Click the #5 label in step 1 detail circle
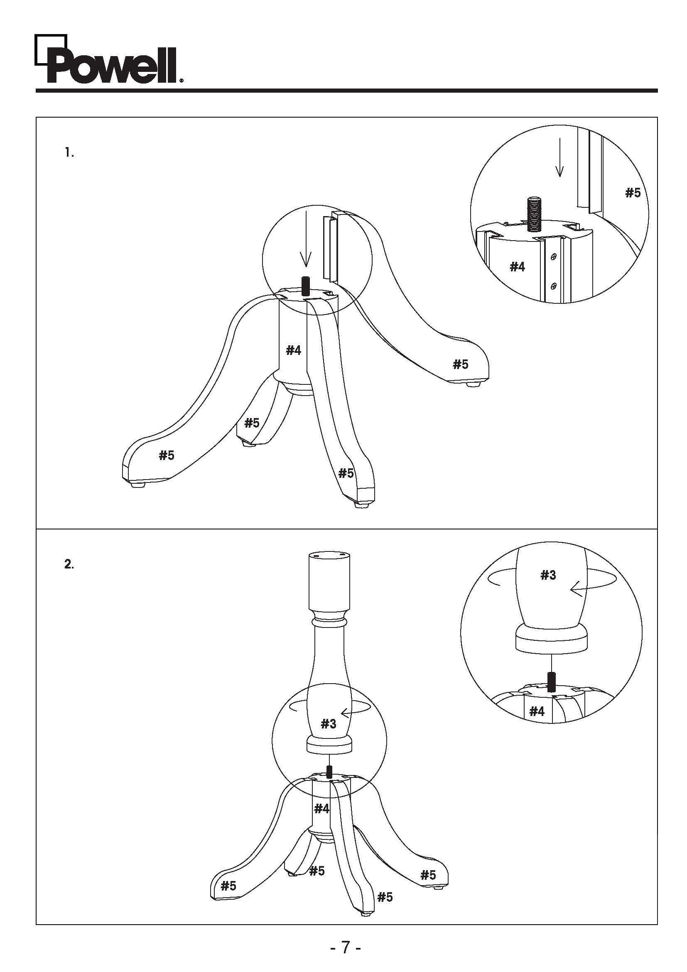click(x=633, y=193)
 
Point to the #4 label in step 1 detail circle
click(x=517, y=267)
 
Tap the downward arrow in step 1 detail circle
click(x=559, y=157)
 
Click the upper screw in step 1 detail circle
click(x=554, y=256)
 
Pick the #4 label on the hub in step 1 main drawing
click(x=293, y=351)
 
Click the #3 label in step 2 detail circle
click(x=548, y=575)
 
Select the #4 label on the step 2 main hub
click(x=321, y=809)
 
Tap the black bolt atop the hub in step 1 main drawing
click(x=306, y=286)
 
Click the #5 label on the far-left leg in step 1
click(x=166, y=455)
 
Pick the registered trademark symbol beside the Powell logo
click(x=182, y=80)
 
